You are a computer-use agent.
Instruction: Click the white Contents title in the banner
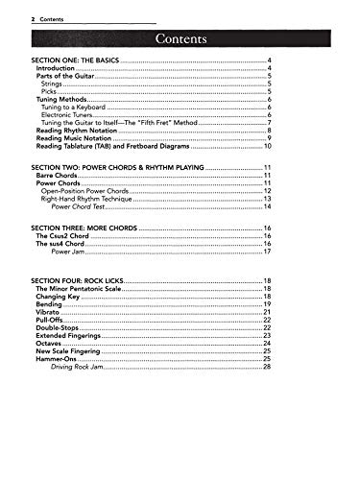tap(180, 38)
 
